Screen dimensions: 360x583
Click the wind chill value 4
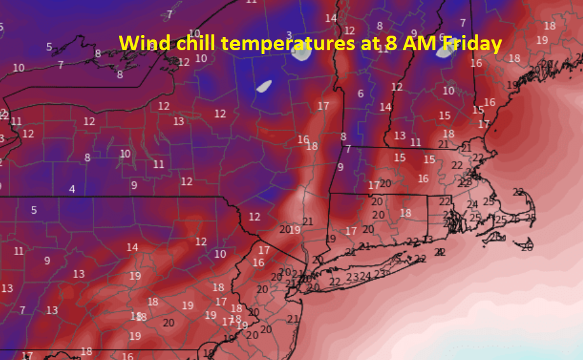[72, 189]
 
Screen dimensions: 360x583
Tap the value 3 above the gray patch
[289, 36]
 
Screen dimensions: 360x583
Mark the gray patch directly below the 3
[301, 53]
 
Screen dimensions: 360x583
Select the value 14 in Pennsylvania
[132, 247]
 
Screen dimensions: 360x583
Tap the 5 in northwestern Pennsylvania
[34, 211]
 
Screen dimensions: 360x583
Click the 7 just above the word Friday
[462, 23]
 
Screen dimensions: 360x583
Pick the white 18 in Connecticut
[405, 213]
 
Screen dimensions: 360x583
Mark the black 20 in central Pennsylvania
[168, 322]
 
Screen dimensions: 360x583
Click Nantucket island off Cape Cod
[525, 245]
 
